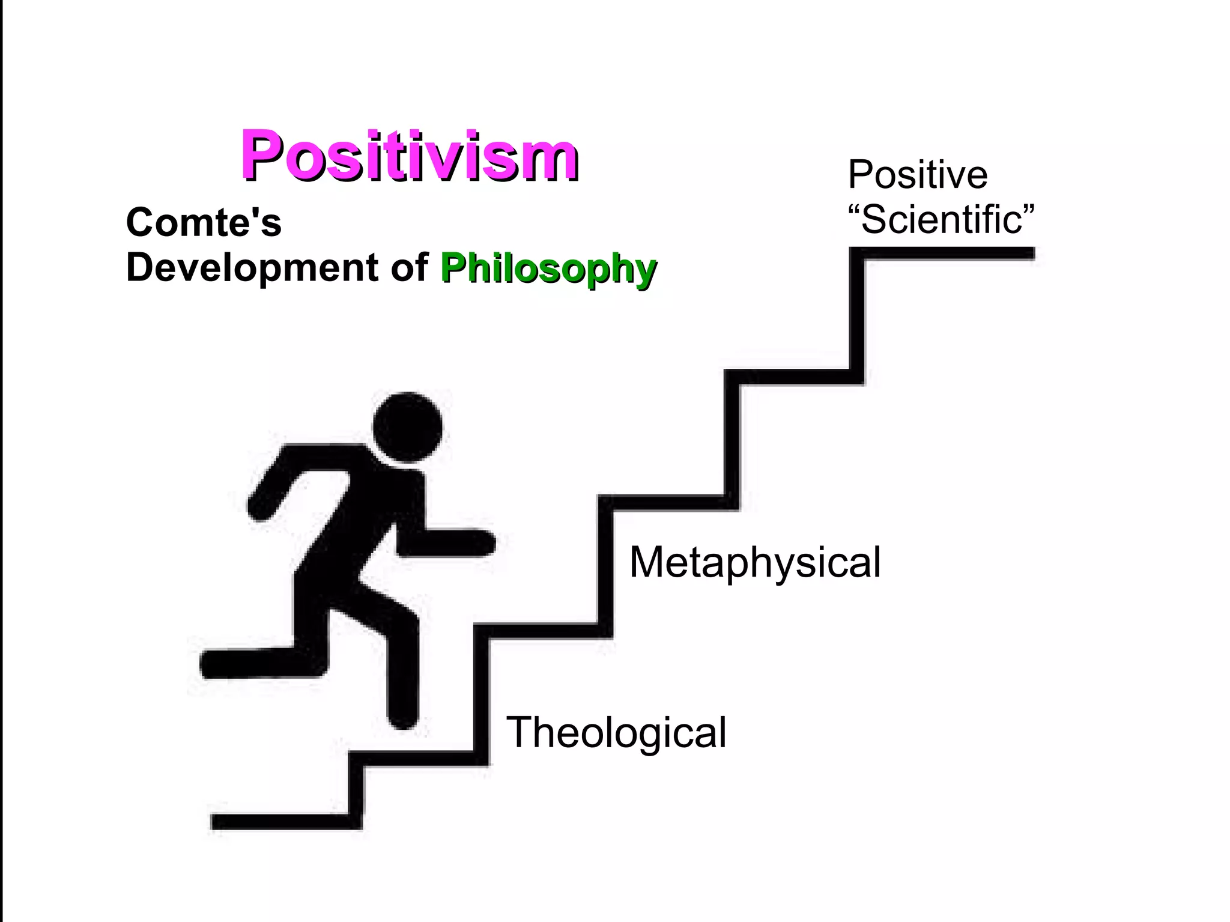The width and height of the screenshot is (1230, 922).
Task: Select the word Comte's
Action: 204,222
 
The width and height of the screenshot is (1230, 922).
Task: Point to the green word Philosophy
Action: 548,268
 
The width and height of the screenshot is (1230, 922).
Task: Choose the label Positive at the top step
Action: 917,175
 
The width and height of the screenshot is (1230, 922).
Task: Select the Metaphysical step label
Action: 755,562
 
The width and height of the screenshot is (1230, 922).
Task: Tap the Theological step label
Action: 616,732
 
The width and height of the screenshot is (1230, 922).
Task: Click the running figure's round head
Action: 407,427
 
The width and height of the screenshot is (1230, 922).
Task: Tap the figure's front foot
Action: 402,715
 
